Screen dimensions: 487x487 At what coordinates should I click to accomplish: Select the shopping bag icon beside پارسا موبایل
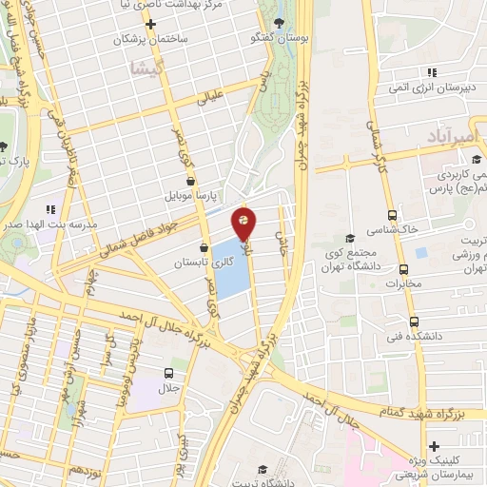[x=190, y=179]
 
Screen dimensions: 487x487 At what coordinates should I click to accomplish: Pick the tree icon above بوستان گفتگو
[x=277, y=22]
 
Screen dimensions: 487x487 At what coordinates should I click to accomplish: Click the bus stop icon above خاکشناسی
[x=393, y=214]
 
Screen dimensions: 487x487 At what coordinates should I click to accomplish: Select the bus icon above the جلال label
[x=168, y=373]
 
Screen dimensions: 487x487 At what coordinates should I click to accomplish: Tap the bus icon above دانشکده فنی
[x=413, y=321]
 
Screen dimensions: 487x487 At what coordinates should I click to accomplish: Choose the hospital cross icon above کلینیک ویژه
[x=434, y=444]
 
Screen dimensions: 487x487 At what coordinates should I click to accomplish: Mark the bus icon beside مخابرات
[x=420, y=253]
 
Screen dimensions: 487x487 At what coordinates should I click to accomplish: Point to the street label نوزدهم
[x=85, y=471]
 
